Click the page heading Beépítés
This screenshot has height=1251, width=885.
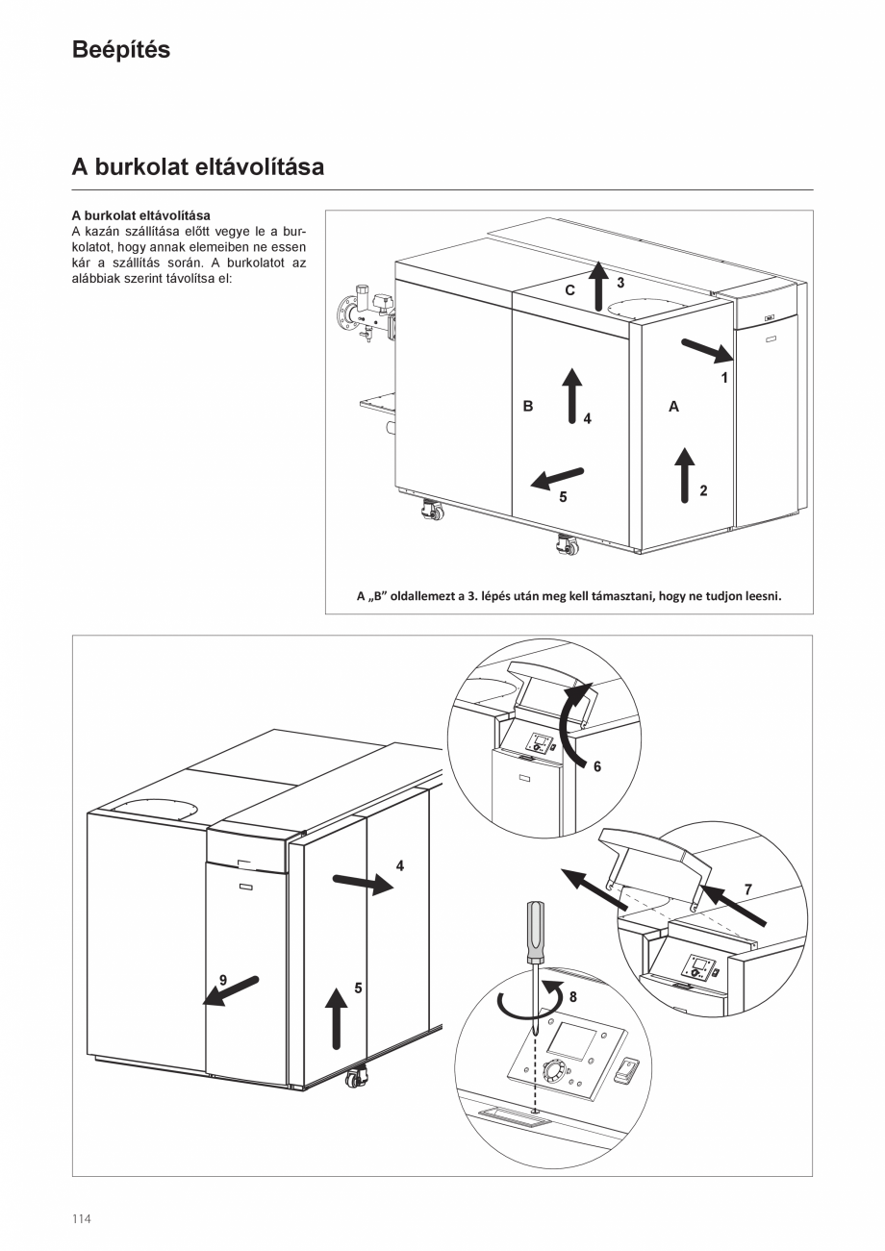tap(120, 50)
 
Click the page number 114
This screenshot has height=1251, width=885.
tap(81, 1219)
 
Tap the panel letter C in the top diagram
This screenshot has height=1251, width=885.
tap(570, 289)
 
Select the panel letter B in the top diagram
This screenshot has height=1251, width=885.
tap(528, 407)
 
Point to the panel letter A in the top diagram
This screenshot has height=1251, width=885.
tap(673, 407)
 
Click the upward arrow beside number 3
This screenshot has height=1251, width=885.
tap(597, 285)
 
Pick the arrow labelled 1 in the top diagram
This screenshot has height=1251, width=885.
tap(707, 352)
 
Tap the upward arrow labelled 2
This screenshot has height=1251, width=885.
tap(684, 474)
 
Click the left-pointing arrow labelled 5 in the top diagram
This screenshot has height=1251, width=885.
tap(559, 476)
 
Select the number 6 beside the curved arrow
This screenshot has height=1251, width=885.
tap(596, 766)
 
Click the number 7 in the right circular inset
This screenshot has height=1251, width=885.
tap(748, 888)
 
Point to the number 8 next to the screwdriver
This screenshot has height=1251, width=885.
tap(572, 997)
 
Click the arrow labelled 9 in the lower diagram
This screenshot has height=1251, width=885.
tap(231, 990)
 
